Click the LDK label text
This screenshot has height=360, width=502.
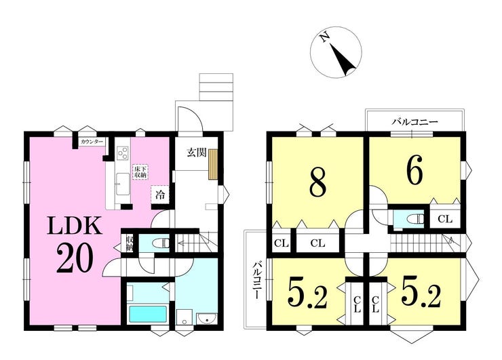(x=75, y=226)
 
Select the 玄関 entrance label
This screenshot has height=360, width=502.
(x=196, y=153)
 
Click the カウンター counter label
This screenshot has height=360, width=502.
(x=92, y=142)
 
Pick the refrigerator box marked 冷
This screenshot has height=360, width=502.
(x=159, y=195)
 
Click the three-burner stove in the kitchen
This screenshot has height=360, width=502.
(x=123, y=153)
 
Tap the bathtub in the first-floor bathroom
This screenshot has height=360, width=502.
(x=148, y=315)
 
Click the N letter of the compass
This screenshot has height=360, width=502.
(x=325, y=38)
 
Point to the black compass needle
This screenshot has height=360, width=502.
(x=343, y=60)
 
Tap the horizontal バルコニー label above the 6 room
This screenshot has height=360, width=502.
(x=415, y=122)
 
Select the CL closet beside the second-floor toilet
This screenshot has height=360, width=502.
(x=445, y=219)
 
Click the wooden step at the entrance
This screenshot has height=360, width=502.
(x=213, y=164)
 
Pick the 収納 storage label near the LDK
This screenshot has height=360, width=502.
(x=130, y=243)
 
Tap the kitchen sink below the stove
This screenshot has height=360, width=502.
(x=123, y=184)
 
